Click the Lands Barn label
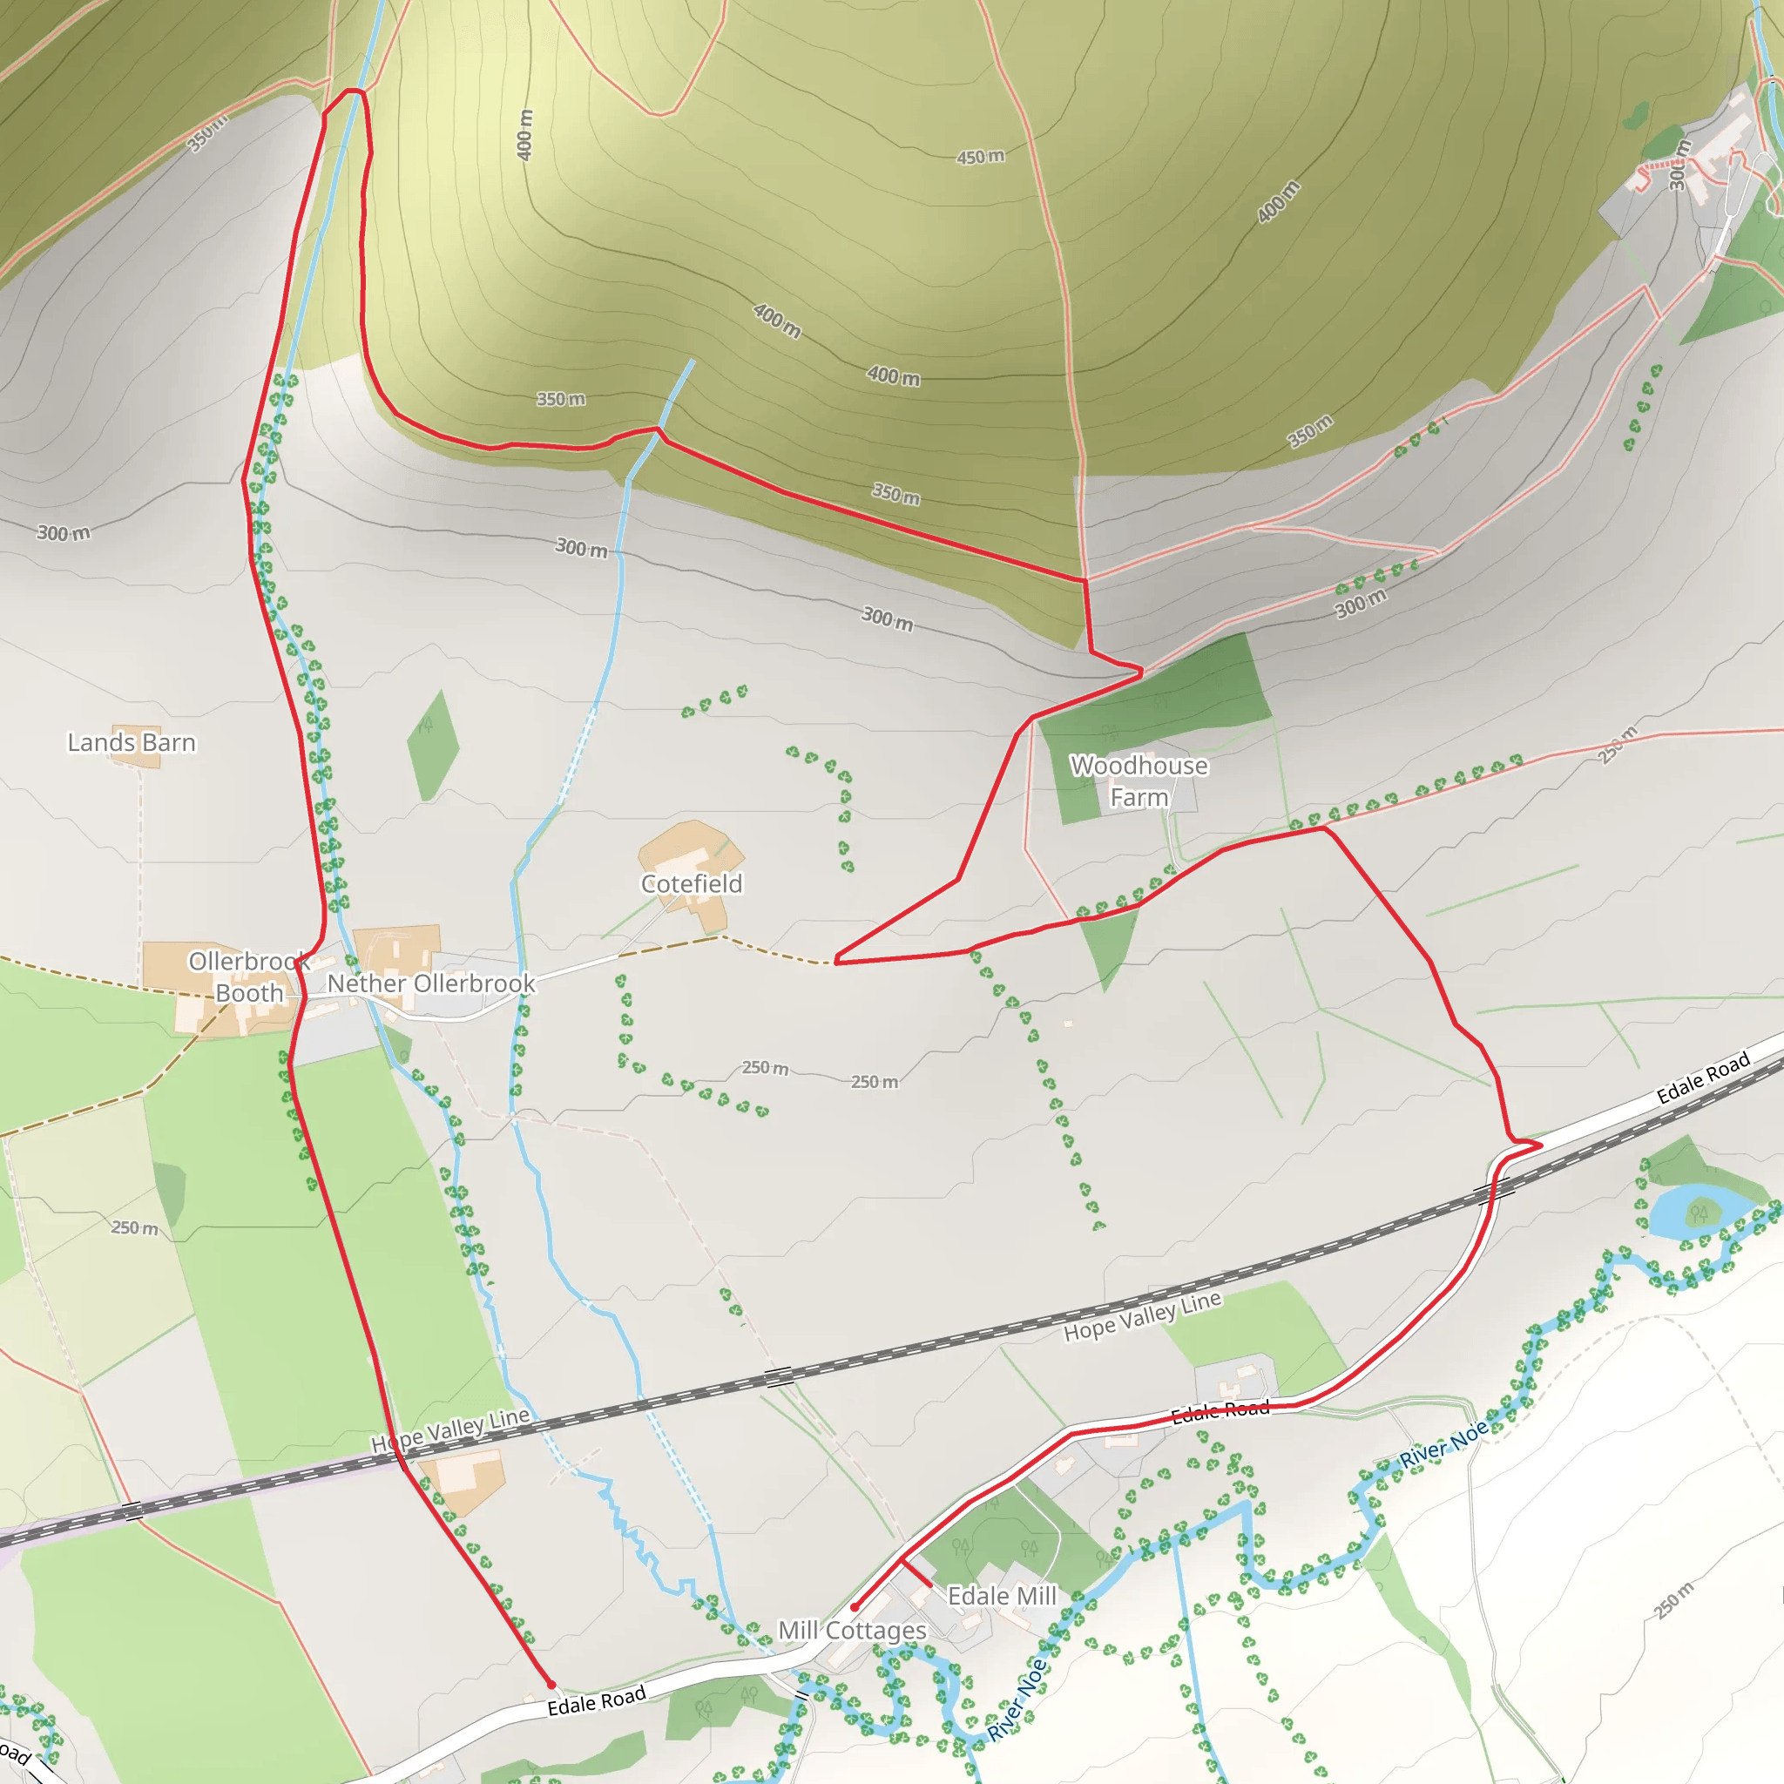pos(132,743)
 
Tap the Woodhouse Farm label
pos(1139,781)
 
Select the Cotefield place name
pos(692,883)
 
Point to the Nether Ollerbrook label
pos(431,983)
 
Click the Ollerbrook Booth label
pos(248,977)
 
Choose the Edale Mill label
pos(1002,1596)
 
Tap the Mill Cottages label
pos(851,1630)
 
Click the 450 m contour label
pos(980,157)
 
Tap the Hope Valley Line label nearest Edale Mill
pos(1142,1316)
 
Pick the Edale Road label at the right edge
pos(1703,1078)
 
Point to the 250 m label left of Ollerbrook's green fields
pos(135,1228)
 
